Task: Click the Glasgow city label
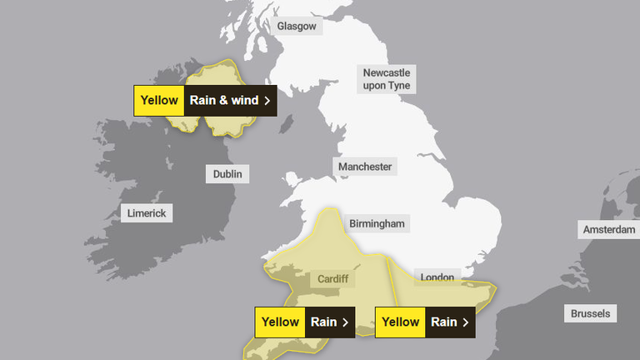(297, 26)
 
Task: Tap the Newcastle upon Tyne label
(387, 79)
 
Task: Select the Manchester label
(365, 167)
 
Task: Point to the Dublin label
(227, 174)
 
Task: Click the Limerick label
(147, 213)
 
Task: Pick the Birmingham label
(377, 223)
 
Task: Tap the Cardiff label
(332, 279)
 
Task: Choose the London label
(436, 277)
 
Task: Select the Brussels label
(591, 314)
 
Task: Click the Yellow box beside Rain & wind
(159, 101)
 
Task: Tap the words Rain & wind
(223, 101)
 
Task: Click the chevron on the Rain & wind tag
(267, 101)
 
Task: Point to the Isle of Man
(286, 122)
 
